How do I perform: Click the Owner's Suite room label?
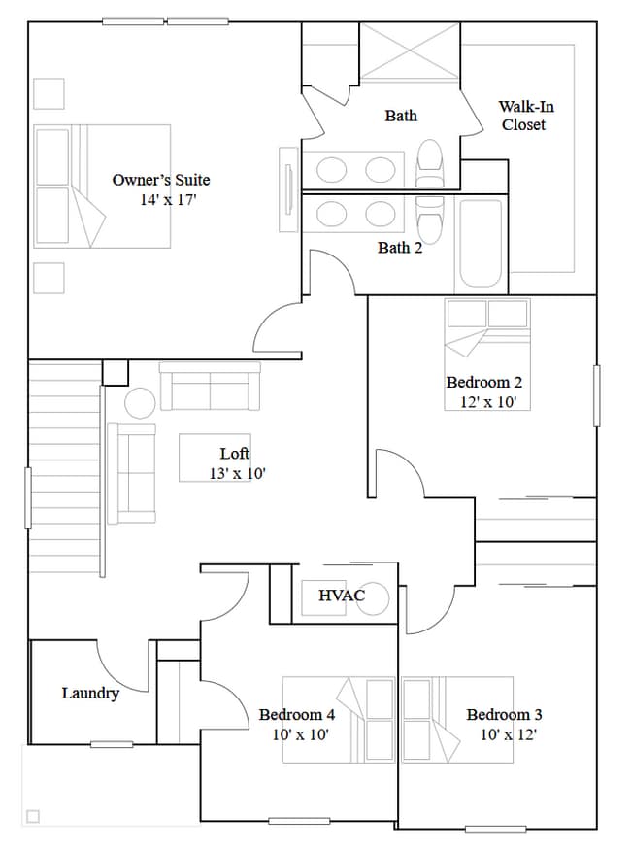pos(160,180)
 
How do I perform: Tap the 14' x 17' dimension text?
pos(168,200)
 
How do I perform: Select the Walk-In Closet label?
pos(526,116)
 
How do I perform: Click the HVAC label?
pos(340,595)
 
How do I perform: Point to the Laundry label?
pos(90,693)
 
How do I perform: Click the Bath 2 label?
pos(400,248)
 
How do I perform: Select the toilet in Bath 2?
pos(429,218)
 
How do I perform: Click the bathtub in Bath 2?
pos(481,243)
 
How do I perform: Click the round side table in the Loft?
pos(140,402)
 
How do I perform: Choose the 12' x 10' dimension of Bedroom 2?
pos(487,401)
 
